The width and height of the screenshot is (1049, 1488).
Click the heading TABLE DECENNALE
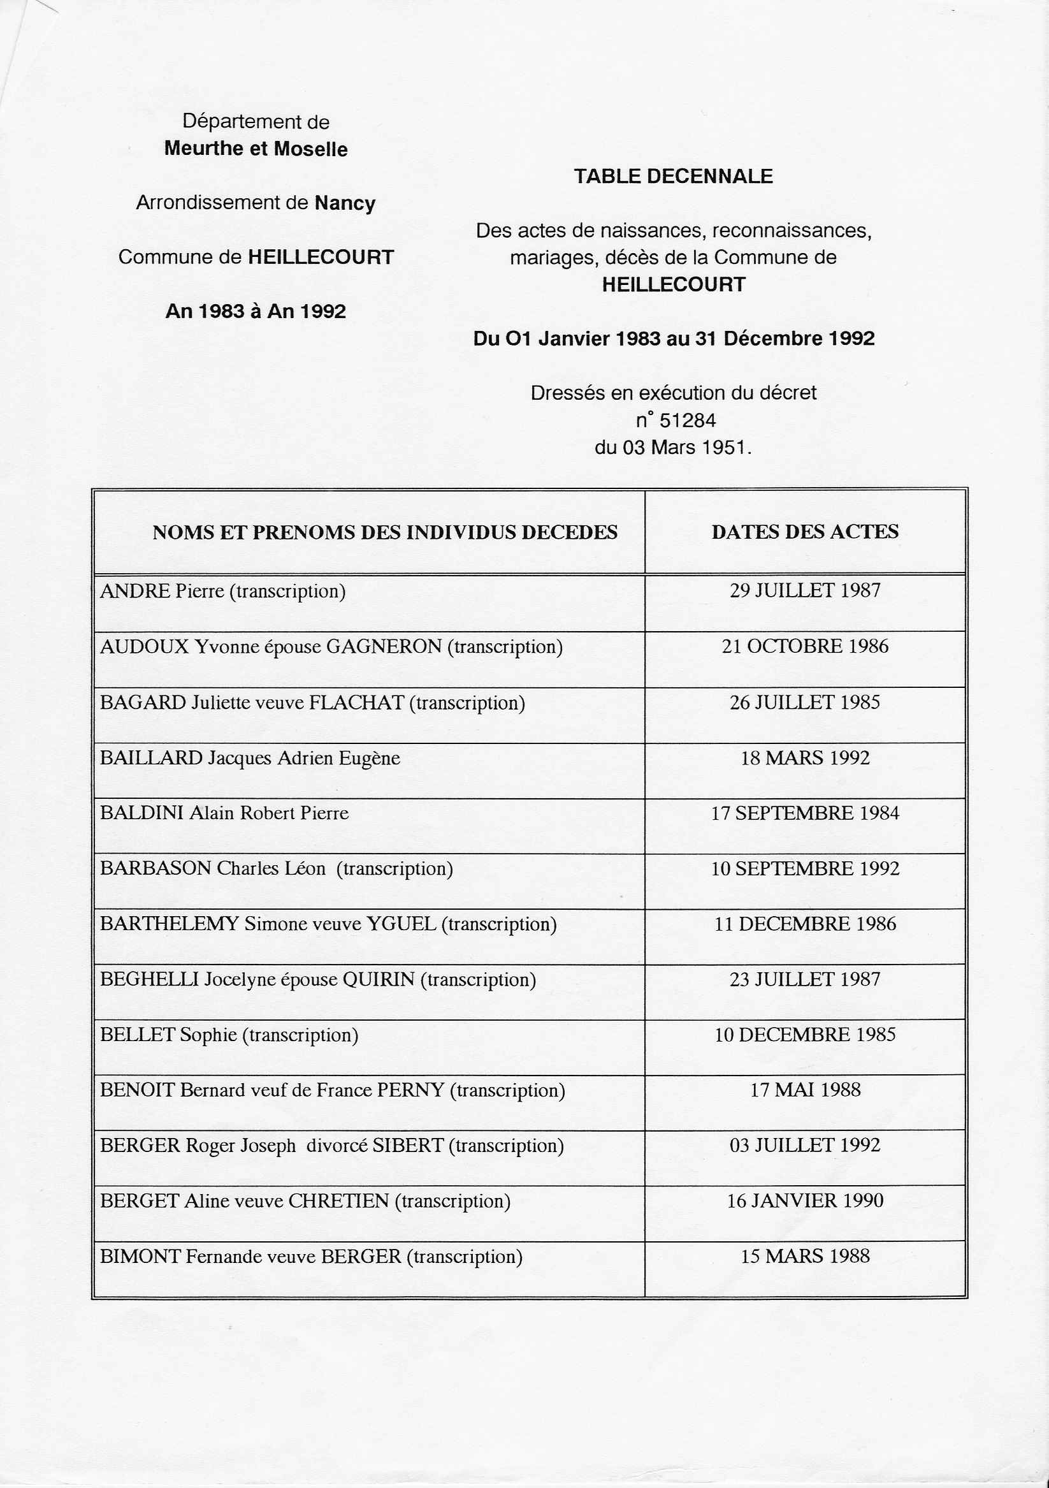point(673,177)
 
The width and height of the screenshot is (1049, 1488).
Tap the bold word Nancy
point(345,203)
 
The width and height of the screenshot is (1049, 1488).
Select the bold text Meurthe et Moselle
point(256,149)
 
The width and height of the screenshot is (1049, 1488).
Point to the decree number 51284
point(687,421)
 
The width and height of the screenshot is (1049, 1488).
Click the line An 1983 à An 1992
point(256,312)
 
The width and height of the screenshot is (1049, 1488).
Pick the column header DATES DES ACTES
point(805,532)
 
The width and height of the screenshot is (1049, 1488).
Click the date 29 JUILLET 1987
point(805,590)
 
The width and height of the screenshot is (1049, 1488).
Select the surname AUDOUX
point(144,646)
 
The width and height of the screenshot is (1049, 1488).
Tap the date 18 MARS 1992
point(805,757)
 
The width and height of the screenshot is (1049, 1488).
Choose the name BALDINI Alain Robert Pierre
point(224,813)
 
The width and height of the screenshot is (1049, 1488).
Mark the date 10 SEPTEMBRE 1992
point(805,868)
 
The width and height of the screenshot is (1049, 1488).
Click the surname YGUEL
point(402,924)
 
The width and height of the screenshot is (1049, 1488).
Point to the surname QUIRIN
point(379,979)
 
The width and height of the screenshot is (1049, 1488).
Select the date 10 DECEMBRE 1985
point(805,1034)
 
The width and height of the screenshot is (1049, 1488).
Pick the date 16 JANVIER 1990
point(805,1201)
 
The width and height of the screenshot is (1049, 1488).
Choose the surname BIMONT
point(140,1257)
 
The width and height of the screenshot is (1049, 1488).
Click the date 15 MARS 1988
point(805,1256)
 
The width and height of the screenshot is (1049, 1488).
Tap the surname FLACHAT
point(356,703)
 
